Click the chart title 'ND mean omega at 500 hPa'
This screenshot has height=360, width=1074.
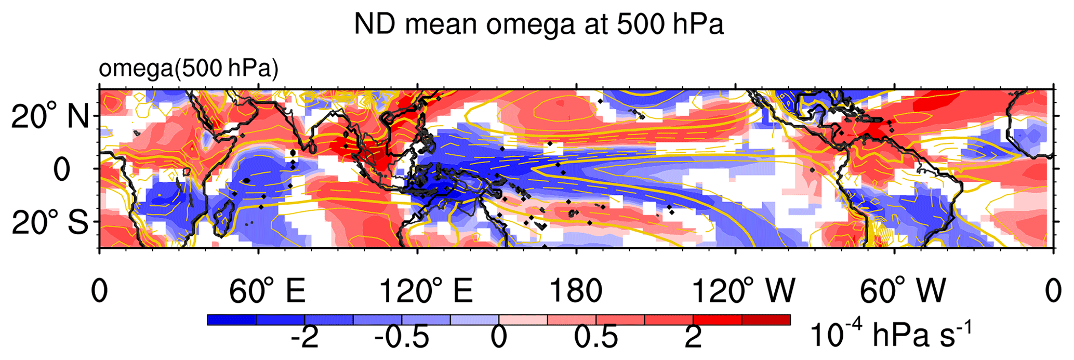[538, 24]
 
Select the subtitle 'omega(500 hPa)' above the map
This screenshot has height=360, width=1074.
[188, 69]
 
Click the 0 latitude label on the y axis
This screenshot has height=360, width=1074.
[62, 169]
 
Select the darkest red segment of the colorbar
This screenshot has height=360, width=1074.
[766, 319]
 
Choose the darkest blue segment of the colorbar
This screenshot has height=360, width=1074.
[232, 319]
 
